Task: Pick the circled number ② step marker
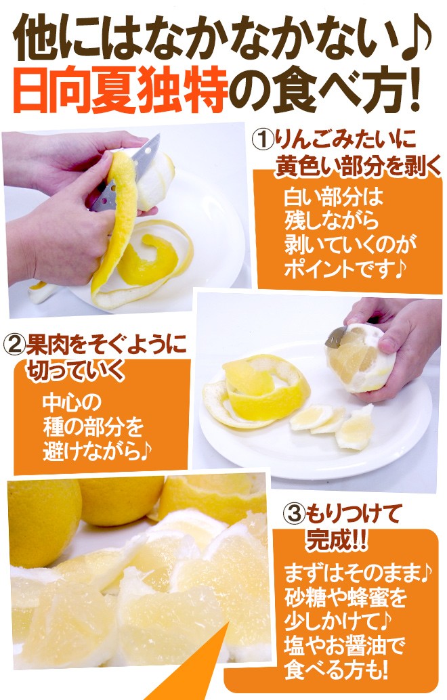coord(14,345)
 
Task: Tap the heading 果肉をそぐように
coord(104,345)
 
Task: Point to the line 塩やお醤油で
coord(345,647)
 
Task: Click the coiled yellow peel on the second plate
coord(261,393)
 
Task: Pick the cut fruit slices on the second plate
coord(332,423)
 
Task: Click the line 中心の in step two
coord(71,403)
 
